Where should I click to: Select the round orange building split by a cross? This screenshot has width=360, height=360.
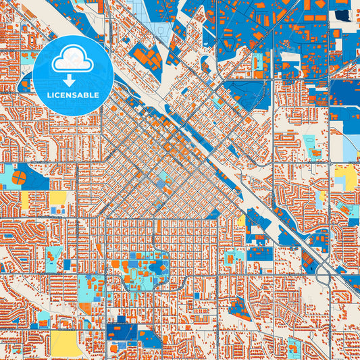pos(19,178)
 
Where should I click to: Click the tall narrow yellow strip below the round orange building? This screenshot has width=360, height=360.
pos(26,201)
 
